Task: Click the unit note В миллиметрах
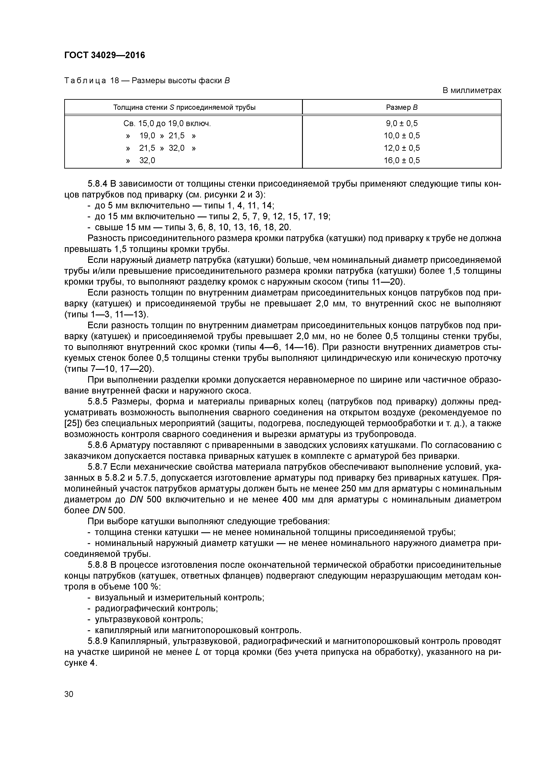coord(471,90)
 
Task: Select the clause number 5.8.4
coord(98,184)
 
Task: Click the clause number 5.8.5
coord(98,402)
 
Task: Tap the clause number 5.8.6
coord(98,445)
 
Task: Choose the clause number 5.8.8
coord(98,565)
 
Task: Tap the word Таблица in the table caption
coord(85,81)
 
